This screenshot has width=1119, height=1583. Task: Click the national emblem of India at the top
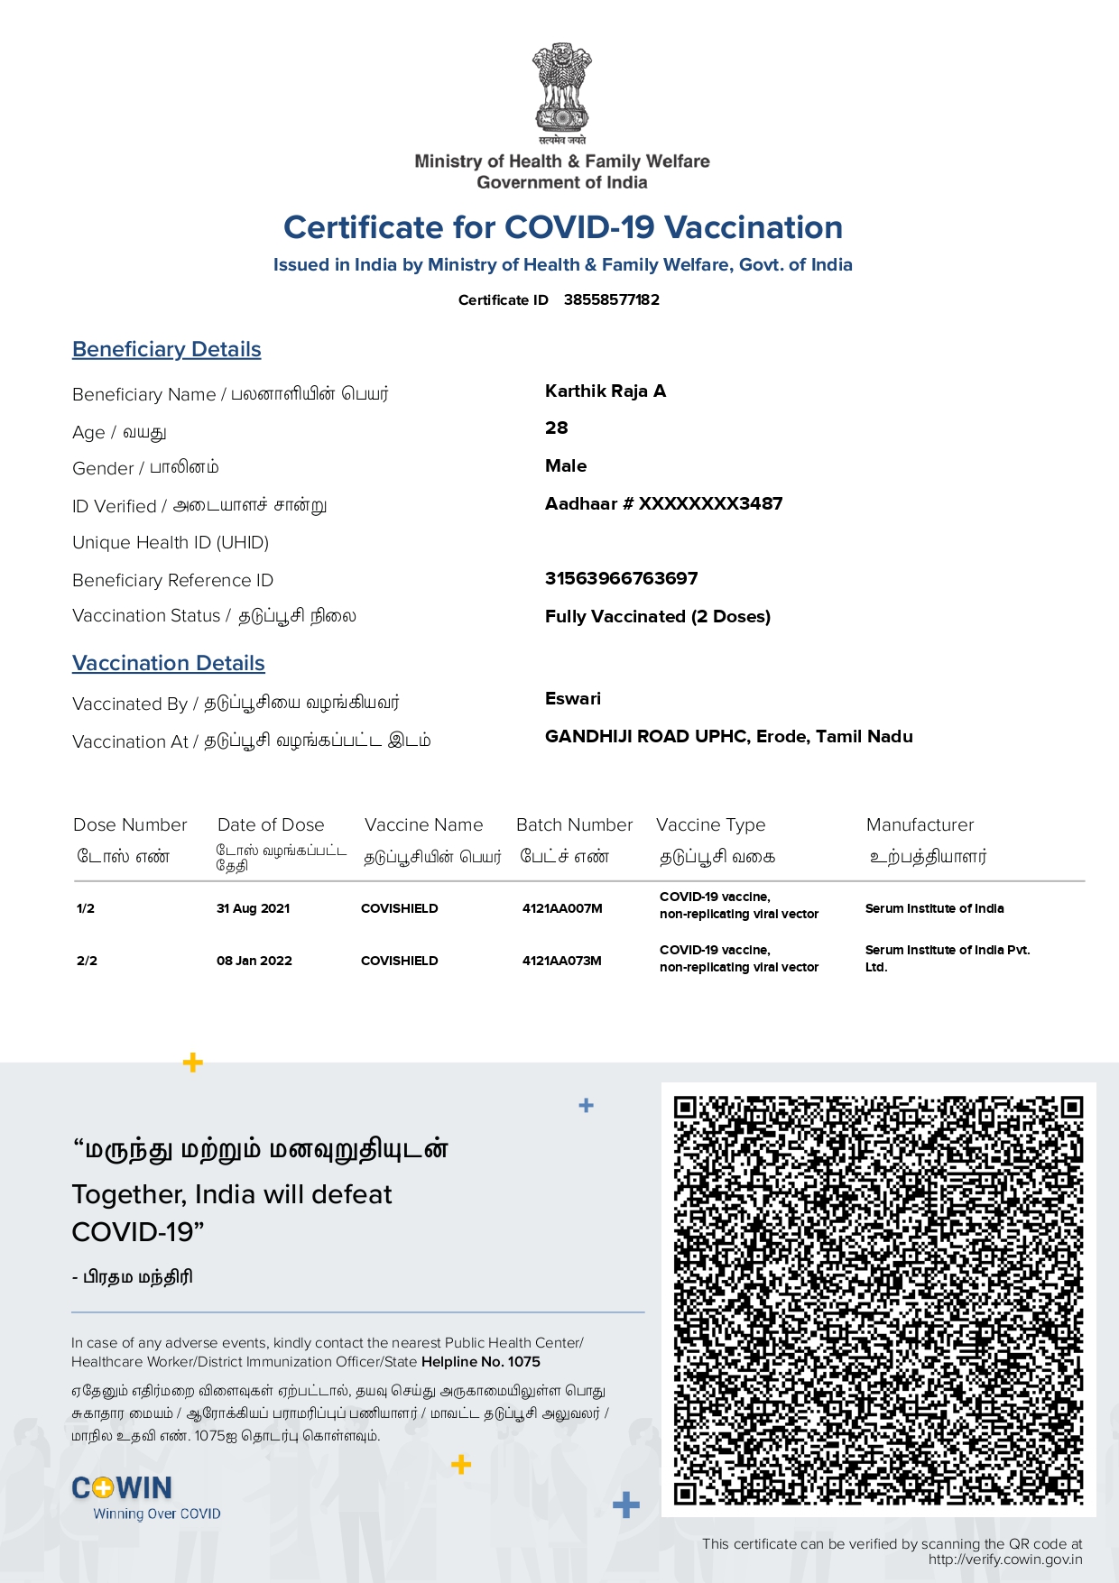(561, 90)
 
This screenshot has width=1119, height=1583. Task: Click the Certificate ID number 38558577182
(611, 299)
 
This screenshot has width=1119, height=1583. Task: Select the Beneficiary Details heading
(167, 349)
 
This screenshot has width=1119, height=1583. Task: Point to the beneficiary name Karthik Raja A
(606, 391)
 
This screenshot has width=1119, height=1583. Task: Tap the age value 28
(556, 428)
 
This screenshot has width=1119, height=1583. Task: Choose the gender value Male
(566, 465)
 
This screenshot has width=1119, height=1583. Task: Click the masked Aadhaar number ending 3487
(663, 503)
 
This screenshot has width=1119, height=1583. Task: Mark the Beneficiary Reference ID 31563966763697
(621, 578)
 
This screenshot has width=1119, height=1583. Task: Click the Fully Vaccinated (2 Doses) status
(657, 616)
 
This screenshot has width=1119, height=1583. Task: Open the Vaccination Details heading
(169, 663)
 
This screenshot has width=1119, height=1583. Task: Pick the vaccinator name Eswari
(572, 698)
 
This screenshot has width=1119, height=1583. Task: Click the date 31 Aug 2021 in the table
(253, 908)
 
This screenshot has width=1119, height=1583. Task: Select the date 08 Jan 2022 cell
(254, 961)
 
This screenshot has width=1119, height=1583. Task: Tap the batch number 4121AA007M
(561, 908)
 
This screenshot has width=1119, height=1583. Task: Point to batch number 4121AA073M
(561, 961)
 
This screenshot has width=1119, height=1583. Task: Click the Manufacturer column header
(920, 824)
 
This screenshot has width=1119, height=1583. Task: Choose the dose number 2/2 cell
(87, 961)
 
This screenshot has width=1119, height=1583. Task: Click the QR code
(878, 1299)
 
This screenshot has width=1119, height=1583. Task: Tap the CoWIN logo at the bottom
(123, 1487)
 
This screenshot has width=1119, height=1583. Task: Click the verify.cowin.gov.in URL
(1004, 1560)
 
